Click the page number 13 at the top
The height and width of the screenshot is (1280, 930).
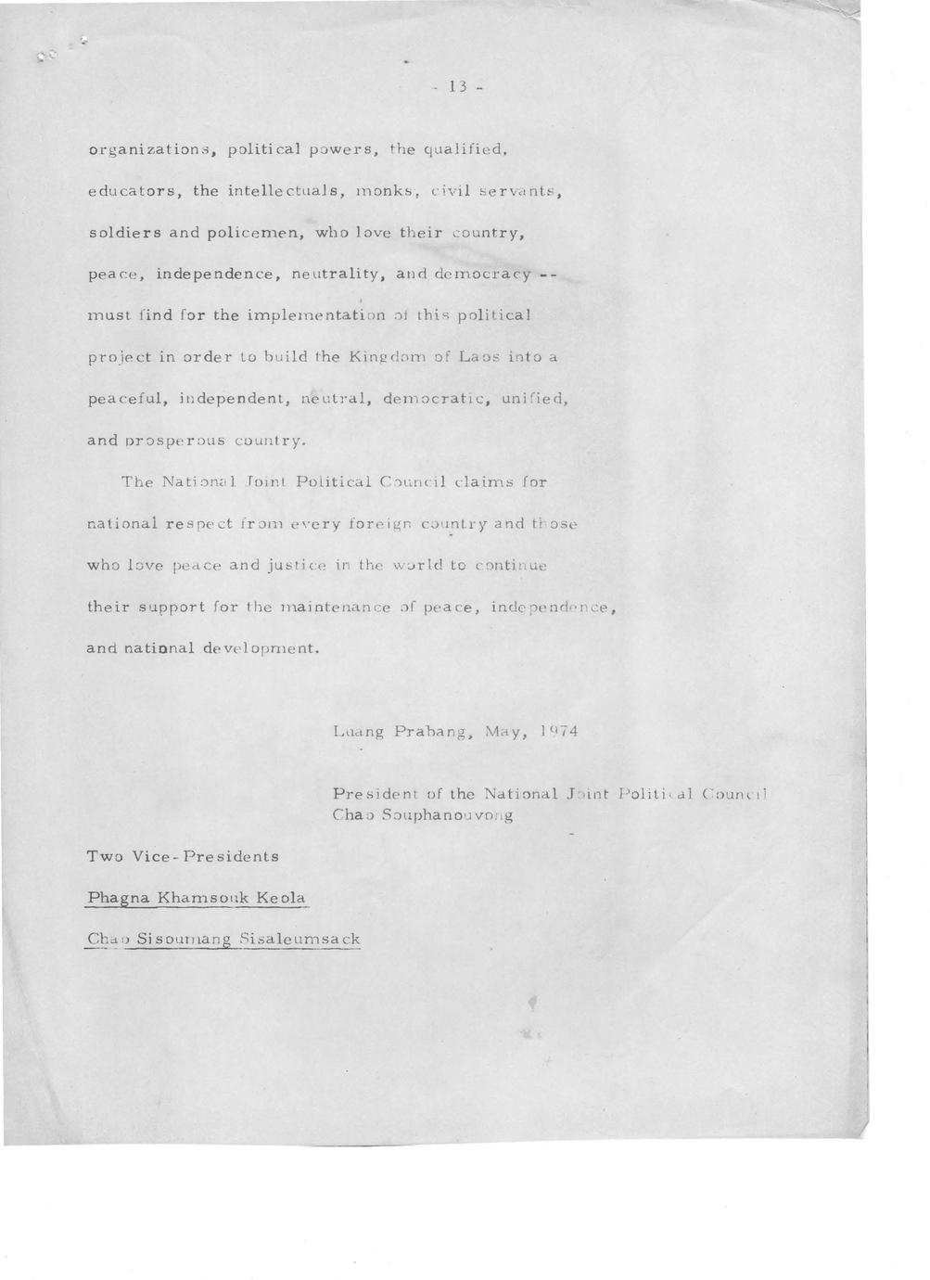pos(456,87)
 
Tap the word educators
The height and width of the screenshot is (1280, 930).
pos(132,192)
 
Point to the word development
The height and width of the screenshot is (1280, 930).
pos(261,648)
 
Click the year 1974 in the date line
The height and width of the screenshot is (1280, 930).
pos(558,731)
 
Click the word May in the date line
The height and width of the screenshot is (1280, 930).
pos(505,731)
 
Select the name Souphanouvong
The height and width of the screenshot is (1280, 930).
pos(448,816)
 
